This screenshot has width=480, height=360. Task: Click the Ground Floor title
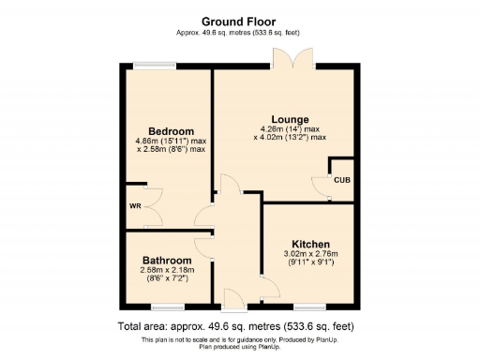pos(239,20)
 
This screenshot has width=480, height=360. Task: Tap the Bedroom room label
pos(171,130)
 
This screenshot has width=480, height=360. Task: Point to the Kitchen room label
pos(309,243)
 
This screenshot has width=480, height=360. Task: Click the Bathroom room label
pos(167,260)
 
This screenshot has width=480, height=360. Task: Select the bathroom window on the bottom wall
pos(168,307)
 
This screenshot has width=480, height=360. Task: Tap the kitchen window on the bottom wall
pos(309,307)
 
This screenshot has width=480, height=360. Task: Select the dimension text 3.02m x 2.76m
pos(309,253)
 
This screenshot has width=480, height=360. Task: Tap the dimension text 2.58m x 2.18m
pos(167,270)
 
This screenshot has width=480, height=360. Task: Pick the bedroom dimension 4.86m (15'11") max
pos(170,141)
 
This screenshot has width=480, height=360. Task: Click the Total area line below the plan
pos(239,326)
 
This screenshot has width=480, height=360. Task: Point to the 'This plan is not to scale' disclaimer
pos(239,338)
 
